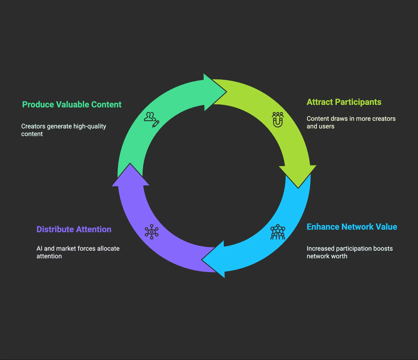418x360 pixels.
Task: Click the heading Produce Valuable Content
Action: (x=72, y=105)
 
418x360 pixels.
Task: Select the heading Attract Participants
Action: (x=344, y=102)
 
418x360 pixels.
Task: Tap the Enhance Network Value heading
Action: (x=352, y=227)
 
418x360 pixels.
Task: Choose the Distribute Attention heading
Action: (x=74, y=229)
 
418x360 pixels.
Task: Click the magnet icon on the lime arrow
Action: (x=278, y=120)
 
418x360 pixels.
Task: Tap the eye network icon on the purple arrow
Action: (x=152, y=232)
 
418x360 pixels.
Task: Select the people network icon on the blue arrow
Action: (x=278, y=232)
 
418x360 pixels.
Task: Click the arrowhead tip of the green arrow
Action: (x=227, y=92)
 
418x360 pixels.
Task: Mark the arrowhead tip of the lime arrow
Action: (x=298, y=188)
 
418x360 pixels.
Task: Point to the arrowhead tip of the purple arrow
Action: (x=130, y=163)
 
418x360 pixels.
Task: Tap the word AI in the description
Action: (x=39, y=249)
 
